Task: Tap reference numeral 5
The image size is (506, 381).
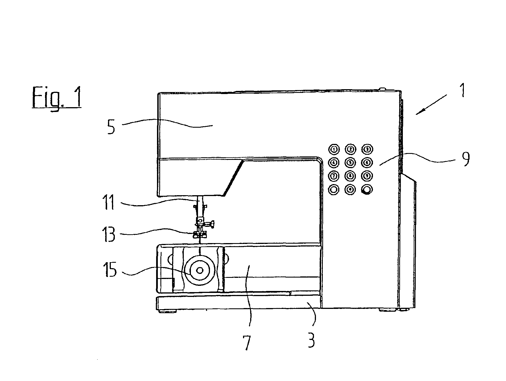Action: point(111,127)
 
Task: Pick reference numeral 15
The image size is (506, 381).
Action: point(111,270)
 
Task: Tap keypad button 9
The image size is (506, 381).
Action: point(367,176)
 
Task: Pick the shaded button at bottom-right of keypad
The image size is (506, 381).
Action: point(367,190)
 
